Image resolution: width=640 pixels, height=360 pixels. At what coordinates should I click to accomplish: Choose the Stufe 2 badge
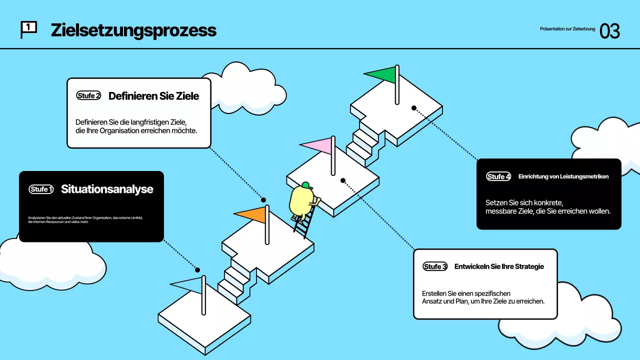pos(88,95)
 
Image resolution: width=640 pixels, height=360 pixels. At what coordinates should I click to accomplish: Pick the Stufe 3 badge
pos(435,266)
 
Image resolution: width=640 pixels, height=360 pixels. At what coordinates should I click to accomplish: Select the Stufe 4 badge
pos(498,176)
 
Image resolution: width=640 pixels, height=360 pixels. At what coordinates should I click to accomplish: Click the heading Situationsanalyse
pos(107,189)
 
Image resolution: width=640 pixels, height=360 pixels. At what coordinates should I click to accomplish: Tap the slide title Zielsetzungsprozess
pos(133,30)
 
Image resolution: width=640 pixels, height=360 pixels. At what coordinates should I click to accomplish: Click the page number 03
pos(609,31)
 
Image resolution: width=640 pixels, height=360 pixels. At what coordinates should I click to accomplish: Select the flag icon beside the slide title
pos(28,29)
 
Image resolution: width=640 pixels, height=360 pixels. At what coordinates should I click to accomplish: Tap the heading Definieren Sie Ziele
pos(153,96)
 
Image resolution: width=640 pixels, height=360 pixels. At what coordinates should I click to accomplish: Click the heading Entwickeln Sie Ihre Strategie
pos(499,266)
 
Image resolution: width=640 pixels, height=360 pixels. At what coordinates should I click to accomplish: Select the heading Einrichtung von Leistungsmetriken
pos(563,176)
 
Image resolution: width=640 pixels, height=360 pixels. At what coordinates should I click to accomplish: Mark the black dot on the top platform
pos(414,108)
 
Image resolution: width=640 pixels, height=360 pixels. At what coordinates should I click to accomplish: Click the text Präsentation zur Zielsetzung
pos(567,29)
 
